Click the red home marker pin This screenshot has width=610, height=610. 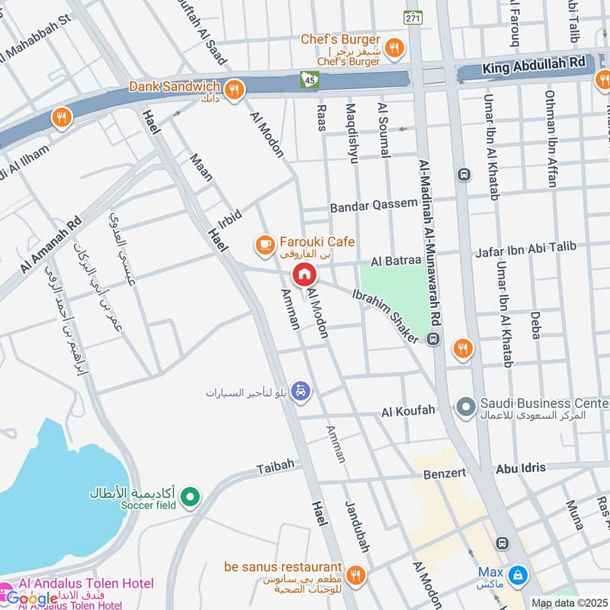coord(304,274)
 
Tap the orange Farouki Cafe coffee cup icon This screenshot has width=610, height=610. coord(264,244)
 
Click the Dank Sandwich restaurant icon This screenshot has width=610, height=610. coord(234,90)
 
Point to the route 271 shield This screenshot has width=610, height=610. coord(413,17)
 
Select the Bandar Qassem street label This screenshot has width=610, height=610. coord(374,205)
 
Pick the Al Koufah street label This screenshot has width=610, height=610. coord(408,411)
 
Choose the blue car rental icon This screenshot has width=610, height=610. coord(303,391)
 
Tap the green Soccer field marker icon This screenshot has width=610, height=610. coord(192,498)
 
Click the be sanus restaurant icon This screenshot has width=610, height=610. coord(355,574)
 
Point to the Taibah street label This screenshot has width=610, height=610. coord(274,467)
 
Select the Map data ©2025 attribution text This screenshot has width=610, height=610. coord(569,603)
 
